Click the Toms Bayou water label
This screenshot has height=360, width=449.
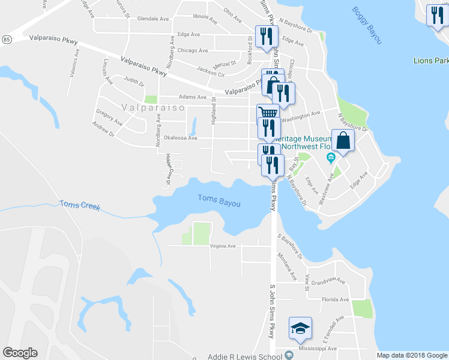coord(219,200)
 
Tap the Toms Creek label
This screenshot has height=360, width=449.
coord(80,205)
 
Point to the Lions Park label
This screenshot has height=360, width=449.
coord(431,61)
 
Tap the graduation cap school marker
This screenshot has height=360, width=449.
coord(300,328)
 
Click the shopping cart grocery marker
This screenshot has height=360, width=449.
coord(268,113)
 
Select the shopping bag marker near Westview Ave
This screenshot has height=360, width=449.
coord(343,141)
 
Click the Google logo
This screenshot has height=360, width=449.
coord(20,353)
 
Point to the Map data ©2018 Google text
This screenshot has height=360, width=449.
coord(412,355)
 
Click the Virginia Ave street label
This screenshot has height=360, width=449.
coord(223,246)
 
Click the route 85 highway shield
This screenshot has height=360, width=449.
coord(5,40)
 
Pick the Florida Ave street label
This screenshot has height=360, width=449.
coord(335,299)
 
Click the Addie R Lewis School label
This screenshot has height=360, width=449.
coord(244,356)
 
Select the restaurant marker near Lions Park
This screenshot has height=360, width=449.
coord(436,14)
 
